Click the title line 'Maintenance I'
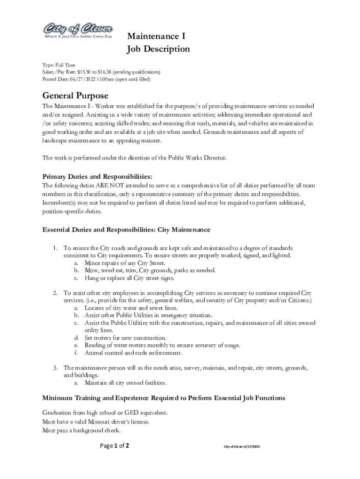pyautogui.click(x=154, y=36)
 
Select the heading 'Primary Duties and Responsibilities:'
pyautogui.click(x=97, y=177)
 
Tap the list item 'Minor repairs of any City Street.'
pyautogui.click(x=124, y=263)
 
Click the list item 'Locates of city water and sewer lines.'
pyautogui.click(x=130, y=308)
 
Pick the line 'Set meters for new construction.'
pyautogui.click(x=125, y=338)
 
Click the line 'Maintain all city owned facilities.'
pyautogui.click(x=125, y=383)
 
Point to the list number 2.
pyautogui.click(x=55, y=293)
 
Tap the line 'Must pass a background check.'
pyautogui.click(x=81, y=430)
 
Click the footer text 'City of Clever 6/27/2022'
pyautogui.click(x=241, y=447)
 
